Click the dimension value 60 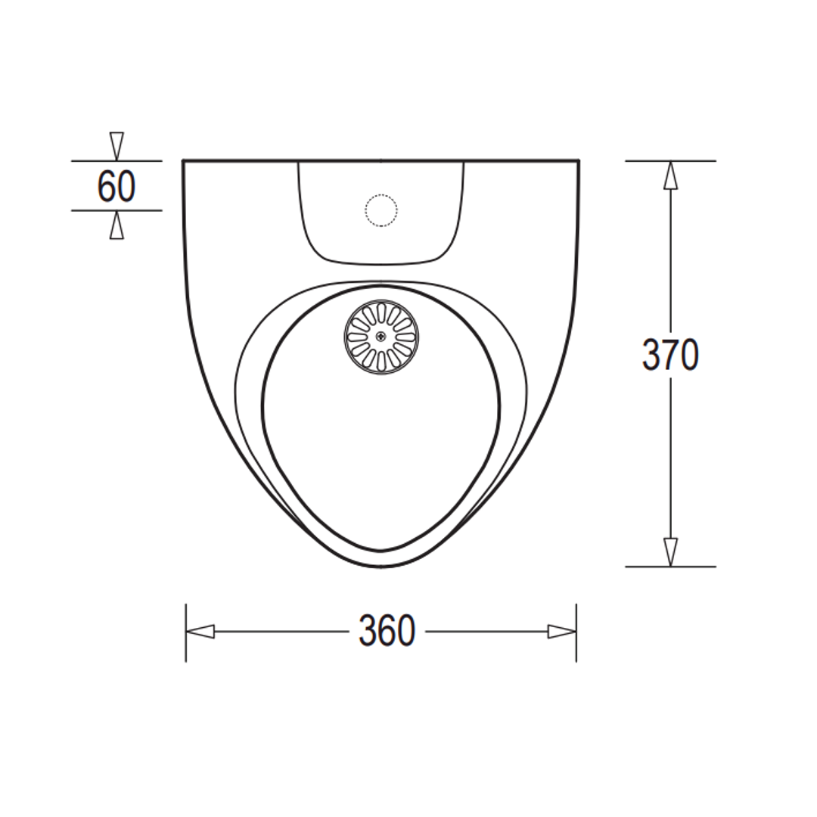pos(116,186)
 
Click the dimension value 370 pos(670,355)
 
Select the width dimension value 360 pos(387,631)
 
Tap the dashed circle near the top pos(381,210)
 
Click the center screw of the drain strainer pos(381,337)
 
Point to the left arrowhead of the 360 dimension pos(200,631)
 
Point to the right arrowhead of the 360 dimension pos(561,631)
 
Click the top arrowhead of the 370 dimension pos(670,176)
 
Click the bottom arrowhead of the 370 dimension pos(670,551)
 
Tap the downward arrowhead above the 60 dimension pos(116,146)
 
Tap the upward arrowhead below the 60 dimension pos(116,225)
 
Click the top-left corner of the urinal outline pos(184,161)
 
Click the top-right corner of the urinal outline pos(579,161)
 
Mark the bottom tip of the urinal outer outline pos(381,567)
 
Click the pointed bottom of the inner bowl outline pos(381,550)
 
